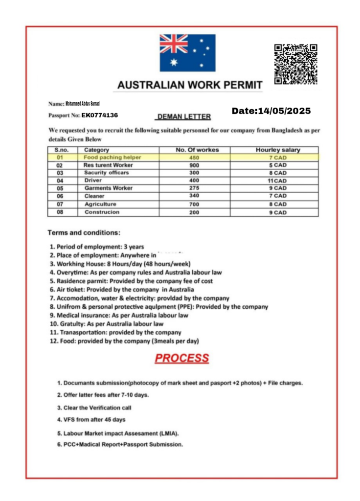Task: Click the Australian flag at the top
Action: (187, 53)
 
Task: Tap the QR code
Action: (295, 64)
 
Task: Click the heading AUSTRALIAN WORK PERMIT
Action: (190, 85)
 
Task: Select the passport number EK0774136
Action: (99, 115)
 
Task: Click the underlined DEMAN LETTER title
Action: (183, 117)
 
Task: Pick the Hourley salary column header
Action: (278, 150)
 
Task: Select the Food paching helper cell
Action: (112, 158)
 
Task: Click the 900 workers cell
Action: (194, 165)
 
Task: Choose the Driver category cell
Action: (93, 181)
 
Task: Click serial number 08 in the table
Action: (60, 212)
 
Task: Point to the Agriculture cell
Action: (100, 204)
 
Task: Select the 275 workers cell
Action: (194, 188)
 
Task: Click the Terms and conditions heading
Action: (84, 233)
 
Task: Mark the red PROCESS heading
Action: (181, 358)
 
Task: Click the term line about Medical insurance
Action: (122, 315)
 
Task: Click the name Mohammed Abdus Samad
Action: (82, 104)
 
